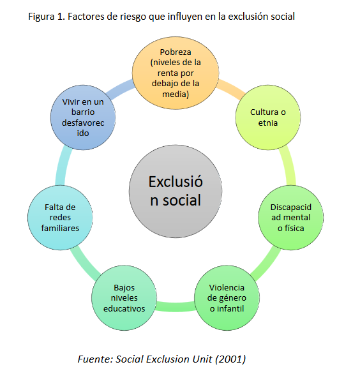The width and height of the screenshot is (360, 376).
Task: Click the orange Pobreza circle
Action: pos(176,73)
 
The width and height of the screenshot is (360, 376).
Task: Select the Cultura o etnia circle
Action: pos(268,117)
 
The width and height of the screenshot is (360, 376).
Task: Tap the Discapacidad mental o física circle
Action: pos(290,218)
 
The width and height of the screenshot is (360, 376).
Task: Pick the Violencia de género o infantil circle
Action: pos(227,298)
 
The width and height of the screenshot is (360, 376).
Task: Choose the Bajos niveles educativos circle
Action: pos(124,298)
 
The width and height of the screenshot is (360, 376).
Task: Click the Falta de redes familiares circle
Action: pos(60,218)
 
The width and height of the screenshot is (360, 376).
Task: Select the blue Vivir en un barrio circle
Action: pos(83,117)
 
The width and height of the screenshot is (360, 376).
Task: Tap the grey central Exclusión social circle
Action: pos(176,192)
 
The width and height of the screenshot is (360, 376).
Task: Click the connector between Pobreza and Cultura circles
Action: pos(230,89)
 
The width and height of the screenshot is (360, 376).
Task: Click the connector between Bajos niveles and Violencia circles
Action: pos(176,306)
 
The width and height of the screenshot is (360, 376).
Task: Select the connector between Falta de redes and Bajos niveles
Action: pos(84,263)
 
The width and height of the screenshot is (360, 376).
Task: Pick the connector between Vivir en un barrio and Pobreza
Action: pos(120,89)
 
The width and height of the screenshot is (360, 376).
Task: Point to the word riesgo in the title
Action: pos(133,17)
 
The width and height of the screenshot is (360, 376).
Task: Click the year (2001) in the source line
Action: pos(230,359)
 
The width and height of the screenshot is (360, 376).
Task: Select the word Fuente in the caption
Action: pos(95,359)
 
